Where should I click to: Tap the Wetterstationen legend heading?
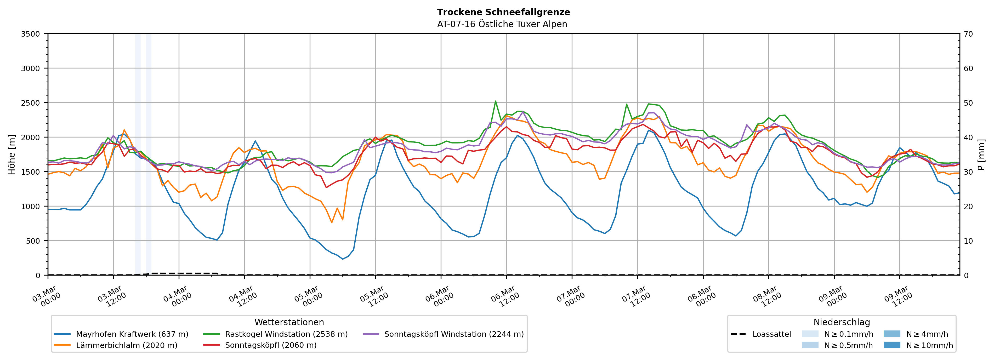[289, 322]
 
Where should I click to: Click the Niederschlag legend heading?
[842, 322]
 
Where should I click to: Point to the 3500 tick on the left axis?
[31, 34]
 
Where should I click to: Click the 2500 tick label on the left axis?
[31, 103]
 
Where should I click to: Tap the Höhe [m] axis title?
[12, 154]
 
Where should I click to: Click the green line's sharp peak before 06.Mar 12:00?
[496, 101]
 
